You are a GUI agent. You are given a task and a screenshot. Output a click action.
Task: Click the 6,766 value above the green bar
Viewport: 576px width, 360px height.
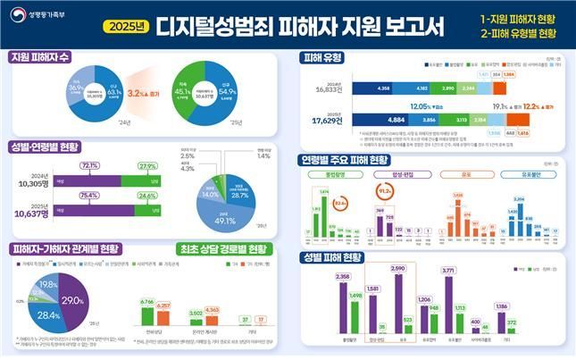(147, 302)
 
